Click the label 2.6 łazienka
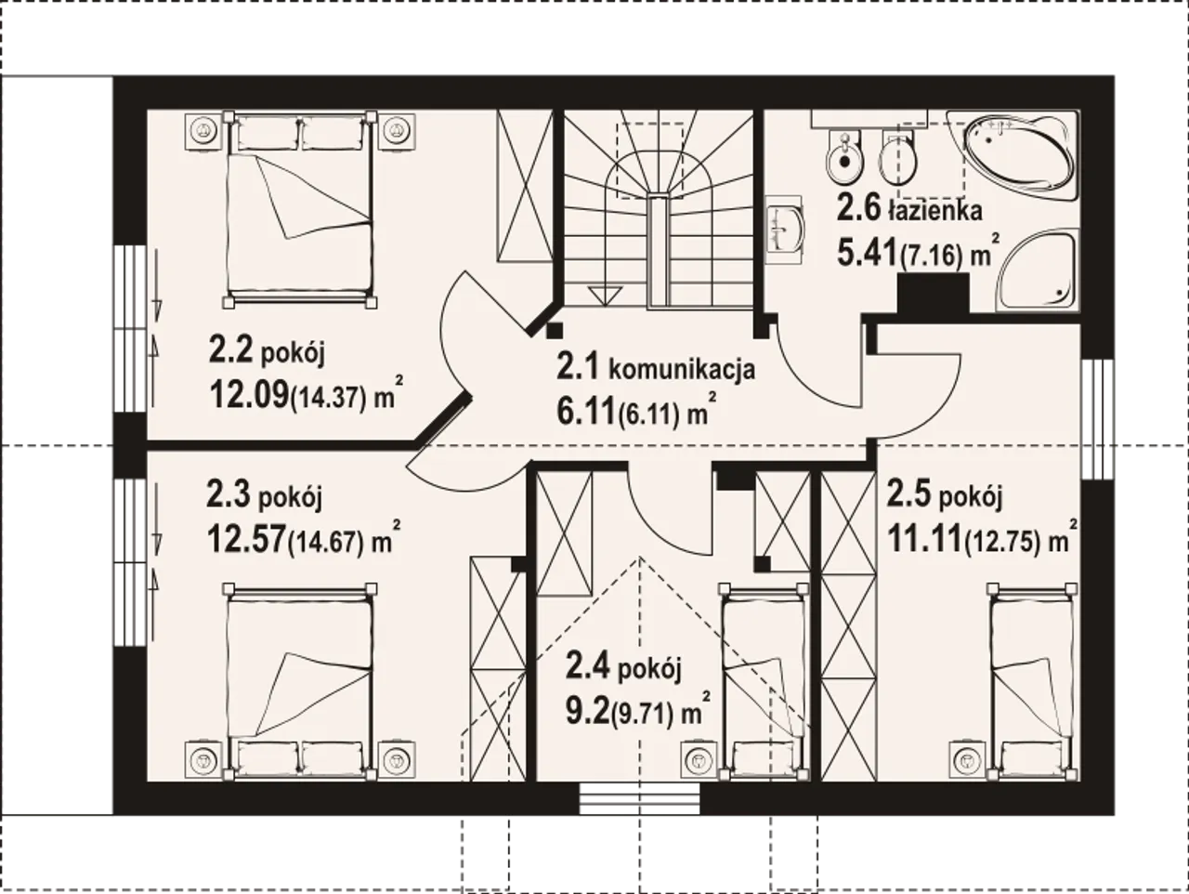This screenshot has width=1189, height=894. pos(909,210)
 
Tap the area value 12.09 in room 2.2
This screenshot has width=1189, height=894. pos(249,394)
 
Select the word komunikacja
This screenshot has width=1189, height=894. pos(682,370)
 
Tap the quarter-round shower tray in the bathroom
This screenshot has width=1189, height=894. pos(1036,271)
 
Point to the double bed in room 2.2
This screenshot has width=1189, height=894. pos(300,209)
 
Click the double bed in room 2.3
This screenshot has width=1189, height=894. pos(300,681)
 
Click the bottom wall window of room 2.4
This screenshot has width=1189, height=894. pos(639,797)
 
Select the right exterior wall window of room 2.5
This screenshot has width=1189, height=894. pos(1097,419)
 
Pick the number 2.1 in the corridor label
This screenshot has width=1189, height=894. pos(578,367)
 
